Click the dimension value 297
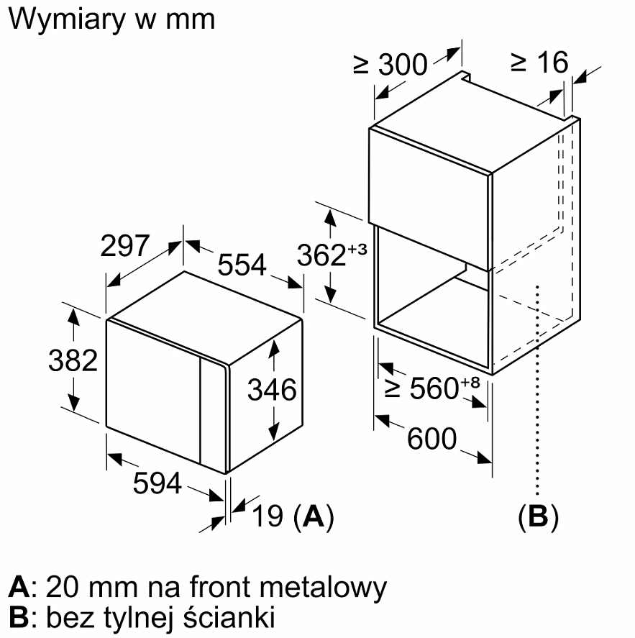coord(125,246)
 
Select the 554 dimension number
coord(242,265)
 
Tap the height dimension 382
coord(73,360)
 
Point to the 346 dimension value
coord(272,390)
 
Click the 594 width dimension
coord(157,483)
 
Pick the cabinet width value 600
coord(432,439)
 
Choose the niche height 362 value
coord(321,255)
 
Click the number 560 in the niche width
coord(434,388)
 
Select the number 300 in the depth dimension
coord(403,65)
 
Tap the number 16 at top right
coord(552,63)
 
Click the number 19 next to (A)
coord(268,516)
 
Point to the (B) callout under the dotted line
coord(538,516)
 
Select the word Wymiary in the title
coord(67,20)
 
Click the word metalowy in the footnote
coord(323,588)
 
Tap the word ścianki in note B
coord(229,617)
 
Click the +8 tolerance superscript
coord(470,383)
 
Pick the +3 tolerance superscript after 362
coord(357,250)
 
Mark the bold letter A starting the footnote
coord(19,586)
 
